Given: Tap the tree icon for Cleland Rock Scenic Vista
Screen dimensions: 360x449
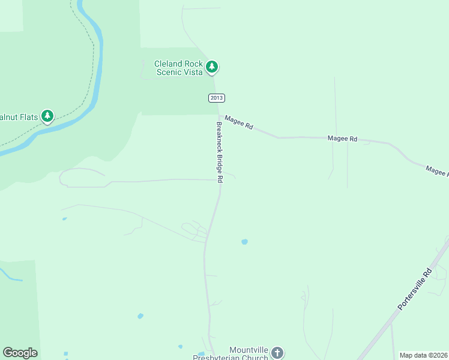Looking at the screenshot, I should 211,67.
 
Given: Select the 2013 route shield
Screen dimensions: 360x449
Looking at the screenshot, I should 217,98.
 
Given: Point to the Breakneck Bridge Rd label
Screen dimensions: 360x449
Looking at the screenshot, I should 220,152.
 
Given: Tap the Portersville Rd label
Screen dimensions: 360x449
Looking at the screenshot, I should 415,289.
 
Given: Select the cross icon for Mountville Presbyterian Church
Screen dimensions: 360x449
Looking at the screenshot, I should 277,352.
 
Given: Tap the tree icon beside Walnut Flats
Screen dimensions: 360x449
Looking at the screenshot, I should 47,116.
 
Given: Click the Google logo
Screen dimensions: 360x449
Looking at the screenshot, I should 20,353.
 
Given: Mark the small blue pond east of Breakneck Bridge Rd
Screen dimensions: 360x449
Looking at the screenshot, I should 244,242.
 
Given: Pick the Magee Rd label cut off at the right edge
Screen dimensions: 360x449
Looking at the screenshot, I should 437,172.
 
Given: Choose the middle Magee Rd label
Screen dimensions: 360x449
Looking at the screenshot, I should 342,139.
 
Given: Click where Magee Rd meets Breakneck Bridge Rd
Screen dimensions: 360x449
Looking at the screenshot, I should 220,116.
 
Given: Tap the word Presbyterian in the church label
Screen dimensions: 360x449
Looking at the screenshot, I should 232,358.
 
